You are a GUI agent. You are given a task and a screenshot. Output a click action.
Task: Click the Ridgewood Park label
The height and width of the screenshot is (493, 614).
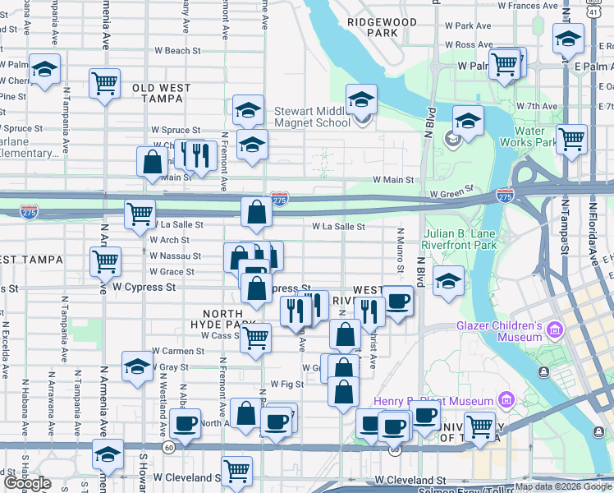382,27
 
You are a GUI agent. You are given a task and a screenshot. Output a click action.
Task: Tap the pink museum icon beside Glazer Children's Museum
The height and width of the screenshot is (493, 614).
556,330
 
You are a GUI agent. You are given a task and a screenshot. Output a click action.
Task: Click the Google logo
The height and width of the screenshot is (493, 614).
27,483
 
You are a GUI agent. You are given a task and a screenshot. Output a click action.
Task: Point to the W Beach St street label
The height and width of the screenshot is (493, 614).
177,51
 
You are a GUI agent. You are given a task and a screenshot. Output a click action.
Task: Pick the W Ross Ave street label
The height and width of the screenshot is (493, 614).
469,45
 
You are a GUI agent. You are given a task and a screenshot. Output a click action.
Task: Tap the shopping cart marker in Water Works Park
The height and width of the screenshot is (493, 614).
570,139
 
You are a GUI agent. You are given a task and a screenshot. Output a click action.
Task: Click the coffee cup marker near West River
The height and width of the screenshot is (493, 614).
397,302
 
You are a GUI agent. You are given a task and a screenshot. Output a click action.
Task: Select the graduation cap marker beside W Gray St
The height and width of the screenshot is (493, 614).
137,367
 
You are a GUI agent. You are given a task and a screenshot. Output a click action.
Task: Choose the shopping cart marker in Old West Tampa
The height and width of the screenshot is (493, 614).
104,83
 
